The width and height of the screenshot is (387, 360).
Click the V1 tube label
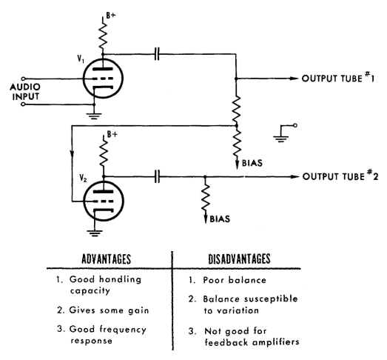[81, 59]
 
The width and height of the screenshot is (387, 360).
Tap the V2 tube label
[83, 178]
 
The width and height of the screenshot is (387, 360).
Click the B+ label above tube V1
[111, 16]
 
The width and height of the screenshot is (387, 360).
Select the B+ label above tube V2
[112, 134]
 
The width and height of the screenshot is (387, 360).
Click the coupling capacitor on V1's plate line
[157, 54]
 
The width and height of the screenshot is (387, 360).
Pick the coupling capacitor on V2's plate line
[157, 176]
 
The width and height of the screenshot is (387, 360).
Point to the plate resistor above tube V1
[103, 35]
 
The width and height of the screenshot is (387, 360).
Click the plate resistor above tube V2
[104, 154]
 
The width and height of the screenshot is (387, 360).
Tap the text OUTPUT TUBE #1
[338, 78]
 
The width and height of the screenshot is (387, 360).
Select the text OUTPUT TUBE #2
[340, 176]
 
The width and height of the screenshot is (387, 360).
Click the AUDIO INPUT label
[25, 91]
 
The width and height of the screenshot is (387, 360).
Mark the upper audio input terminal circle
[23, 79]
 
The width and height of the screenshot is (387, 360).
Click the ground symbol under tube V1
[94, 116]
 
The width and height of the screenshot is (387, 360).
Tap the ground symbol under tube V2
[95, 233]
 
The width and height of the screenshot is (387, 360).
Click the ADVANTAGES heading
[106, 259]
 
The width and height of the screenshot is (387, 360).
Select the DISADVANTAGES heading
[239, 259]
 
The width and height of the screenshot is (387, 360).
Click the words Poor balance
[235, 280]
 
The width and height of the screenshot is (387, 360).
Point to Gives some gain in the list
[109, 310]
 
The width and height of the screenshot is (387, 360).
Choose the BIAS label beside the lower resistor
[220, 219]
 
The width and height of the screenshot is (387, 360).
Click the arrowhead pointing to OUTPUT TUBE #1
[295, 79]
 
